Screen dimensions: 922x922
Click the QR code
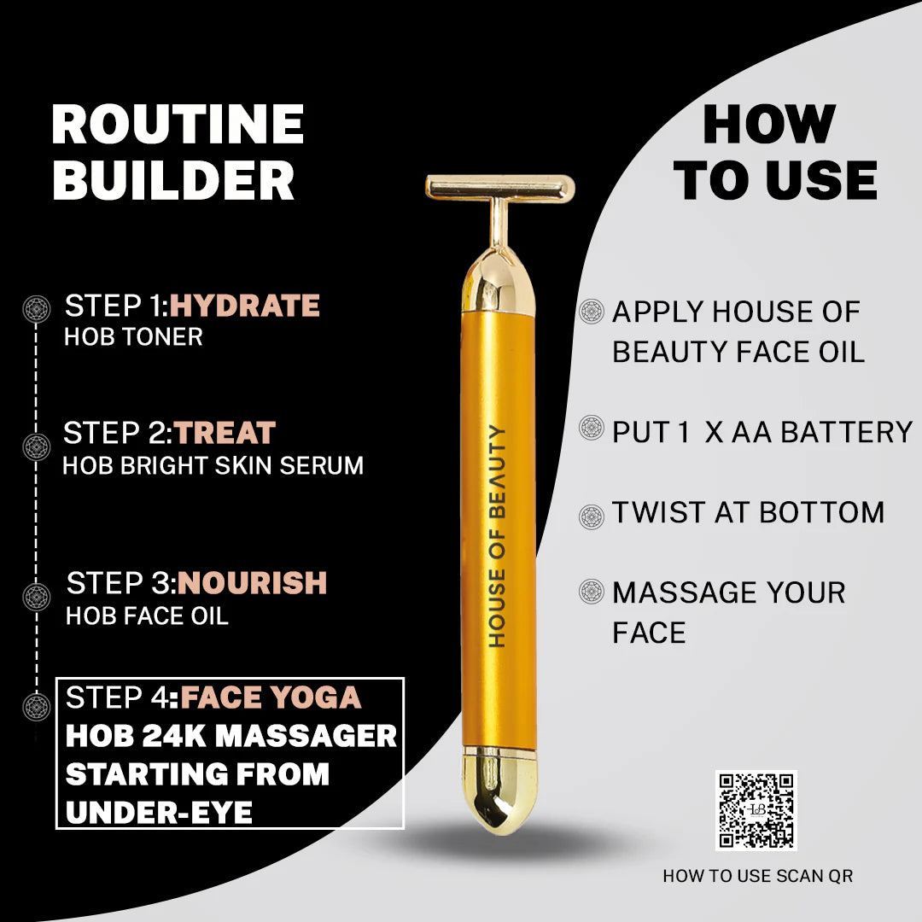click(x=756, y=810)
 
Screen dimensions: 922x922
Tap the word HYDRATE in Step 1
click(x=244, y=306)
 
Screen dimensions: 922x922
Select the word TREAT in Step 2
click(x=225, y=433)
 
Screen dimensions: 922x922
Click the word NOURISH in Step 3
click(x=253, y=583)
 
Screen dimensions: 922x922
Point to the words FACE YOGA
click(x=271, y=697)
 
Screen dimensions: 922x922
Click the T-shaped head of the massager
click(x=499, y=185)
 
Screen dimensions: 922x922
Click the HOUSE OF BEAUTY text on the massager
click(x=498, y=535)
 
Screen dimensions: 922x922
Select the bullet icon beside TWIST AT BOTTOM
click(x=591, y=516)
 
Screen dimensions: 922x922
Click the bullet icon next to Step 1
click(x=36, y=307)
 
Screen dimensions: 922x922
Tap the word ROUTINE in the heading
click(x=178, y=125)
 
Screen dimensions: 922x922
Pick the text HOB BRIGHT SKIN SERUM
click(x=213, y=465)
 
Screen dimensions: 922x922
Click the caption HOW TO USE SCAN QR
click(x=757, y=876)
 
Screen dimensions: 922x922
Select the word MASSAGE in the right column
click(x=680, y=592)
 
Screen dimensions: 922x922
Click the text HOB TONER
click(x=133, y=336)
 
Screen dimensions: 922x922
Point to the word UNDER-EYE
click(x=159, y=812)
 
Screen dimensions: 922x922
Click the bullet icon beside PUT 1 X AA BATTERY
click(x=591, y=428)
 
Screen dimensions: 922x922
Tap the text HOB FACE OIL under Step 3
click(x=147, y=616)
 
